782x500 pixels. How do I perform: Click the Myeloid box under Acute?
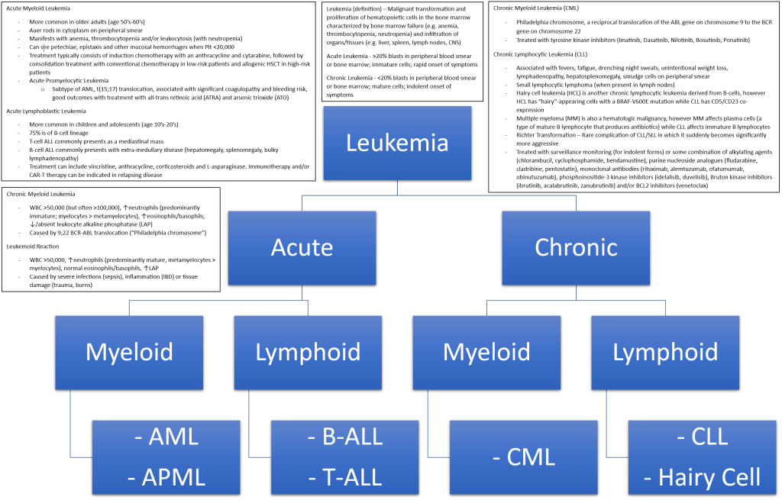(x=129, y=351)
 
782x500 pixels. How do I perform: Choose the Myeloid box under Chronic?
(x=487, y=351)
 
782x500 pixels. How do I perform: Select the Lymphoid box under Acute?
(x=309, y=351)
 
